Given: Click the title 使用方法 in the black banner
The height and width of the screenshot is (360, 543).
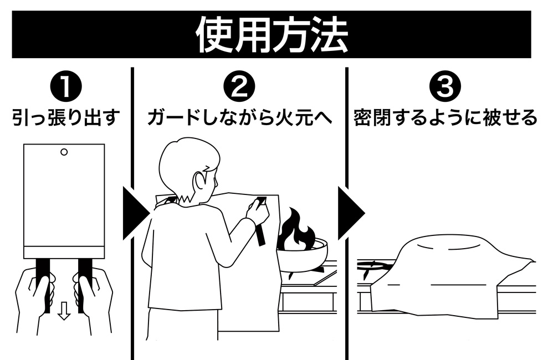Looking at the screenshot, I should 271,34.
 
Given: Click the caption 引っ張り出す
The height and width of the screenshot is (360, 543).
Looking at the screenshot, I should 66,117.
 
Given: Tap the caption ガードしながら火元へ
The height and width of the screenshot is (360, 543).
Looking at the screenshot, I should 239,117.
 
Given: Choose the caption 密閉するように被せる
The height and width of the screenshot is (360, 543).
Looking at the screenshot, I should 445,117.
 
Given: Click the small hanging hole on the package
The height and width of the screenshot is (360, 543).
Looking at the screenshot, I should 64,151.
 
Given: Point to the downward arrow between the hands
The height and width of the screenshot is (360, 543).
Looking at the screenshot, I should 64,312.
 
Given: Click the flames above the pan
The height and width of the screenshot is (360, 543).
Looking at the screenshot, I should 296,232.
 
